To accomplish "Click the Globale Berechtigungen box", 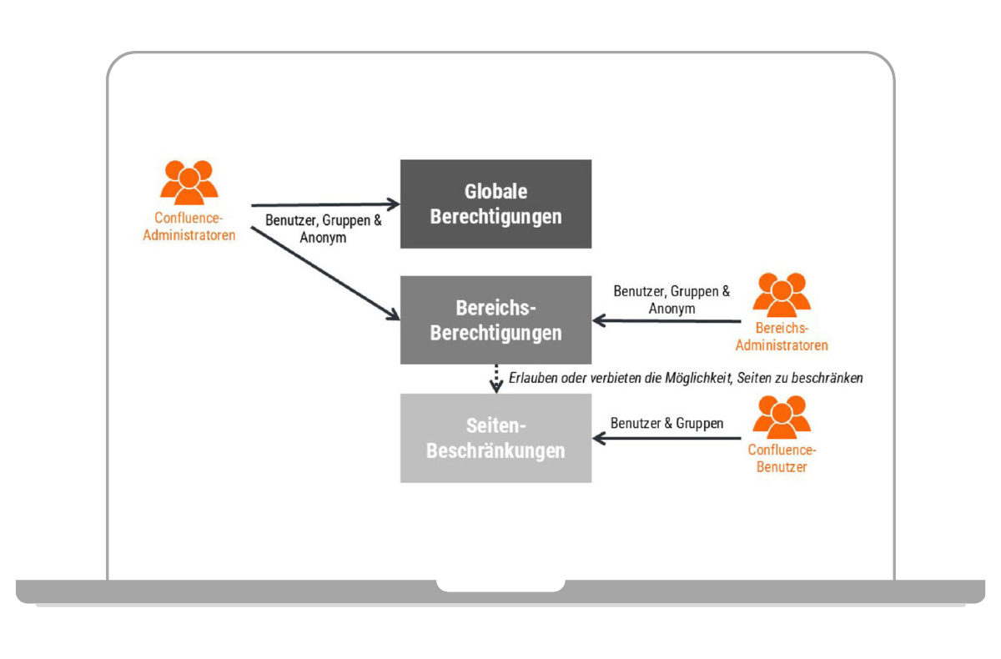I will (495, 204).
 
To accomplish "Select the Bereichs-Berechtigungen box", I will (495, 320).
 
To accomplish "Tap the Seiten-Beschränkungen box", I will (495, 438).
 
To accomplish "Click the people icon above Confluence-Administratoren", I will (189, 180).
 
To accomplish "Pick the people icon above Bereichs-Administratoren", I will (782, 294).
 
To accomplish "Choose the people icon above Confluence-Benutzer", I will (782, 415).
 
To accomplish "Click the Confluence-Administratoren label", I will (189, 226).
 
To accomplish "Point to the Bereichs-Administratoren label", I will (782, 337).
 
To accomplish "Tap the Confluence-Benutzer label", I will (782, 458).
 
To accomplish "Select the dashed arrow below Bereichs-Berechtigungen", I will (495, 378).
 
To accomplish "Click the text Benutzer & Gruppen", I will (666, 423).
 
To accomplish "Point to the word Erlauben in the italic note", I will (531, 378).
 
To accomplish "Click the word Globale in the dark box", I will (495, 191).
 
